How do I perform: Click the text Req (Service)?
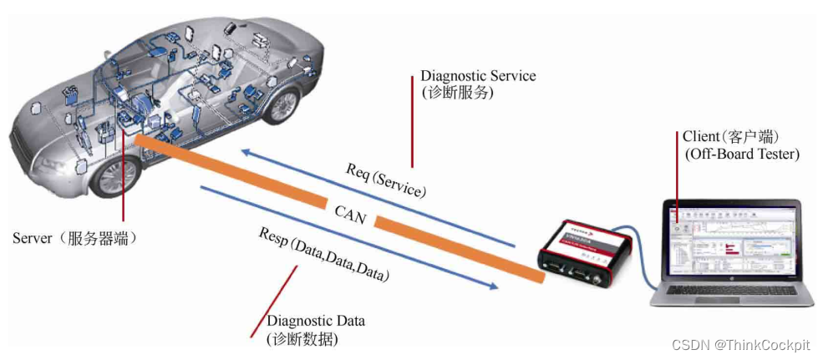click(386, 179)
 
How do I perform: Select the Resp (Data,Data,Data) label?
click(323, 257)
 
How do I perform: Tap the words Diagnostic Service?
click(478, 76)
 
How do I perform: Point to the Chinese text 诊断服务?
click(457, 94)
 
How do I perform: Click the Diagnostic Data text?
click(316, 321)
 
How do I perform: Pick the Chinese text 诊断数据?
click(302, 339)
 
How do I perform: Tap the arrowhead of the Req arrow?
click(243, 151)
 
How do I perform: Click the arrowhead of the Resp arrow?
click(494, 286)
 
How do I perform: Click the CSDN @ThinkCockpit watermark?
click(742, 344)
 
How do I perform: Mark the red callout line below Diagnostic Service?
click(411, 121)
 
